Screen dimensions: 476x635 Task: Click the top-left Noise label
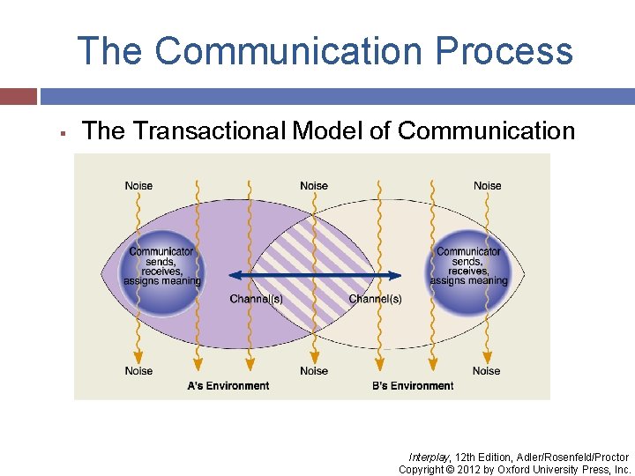[x=138, y=186]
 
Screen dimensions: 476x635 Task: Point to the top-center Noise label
[x=314, y=186]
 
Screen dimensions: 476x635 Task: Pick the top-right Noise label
[x=487, y=186]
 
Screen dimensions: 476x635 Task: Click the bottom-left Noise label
[x=138, y=371]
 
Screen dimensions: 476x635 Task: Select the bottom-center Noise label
[x=314, y=371]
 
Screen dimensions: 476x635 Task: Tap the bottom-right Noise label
[x=487, y=371]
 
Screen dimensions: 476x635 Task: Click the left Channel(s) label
[x=256, y=300]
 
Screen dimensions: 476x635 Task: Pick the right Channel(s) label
[x=375, y=300]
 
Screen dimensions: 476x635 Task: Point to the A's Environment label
[x=228, y=386]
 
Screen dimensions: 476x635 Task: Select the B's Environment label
[x=413, y=386]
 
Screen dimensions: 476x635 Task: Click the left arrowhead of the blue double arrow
[x=234, y=275]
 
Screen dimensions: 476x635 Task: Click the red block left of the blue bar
[x=19, y=96]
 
